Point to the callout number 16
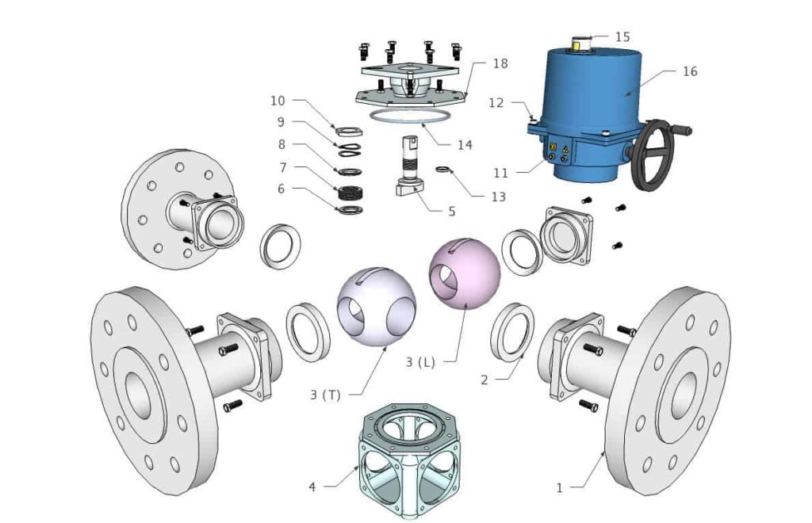[690, 71]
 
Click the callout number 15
[622, 36]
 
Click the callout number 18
[500, 63]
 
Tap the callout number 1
[559, 487]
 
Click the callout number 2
[485, 380]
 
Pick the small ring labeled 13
[445, 169]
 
